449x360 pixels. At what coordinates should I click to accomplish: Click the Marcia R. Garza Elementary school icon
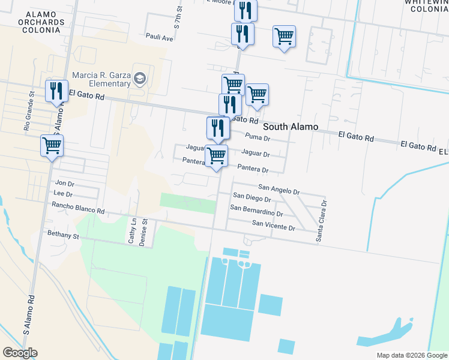(140, 78)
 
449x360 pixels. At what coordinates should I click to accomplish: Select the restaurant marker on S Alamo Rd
(56, 91)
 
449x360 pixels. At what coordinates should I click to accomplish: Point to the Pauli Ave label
(159, 37)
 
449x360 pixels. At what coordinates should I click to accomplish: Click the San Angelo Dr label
(279, 190)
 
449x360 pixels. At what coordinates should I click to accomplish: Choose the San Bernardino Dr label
(256, 211)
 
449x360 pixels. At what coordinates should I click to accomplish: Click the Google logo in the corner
(20, 353)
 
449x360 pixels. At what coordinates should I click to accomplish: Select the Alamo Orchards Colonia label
(41, 22)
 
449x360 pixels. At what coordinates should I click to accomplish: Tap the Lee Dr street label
(63, 194)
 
